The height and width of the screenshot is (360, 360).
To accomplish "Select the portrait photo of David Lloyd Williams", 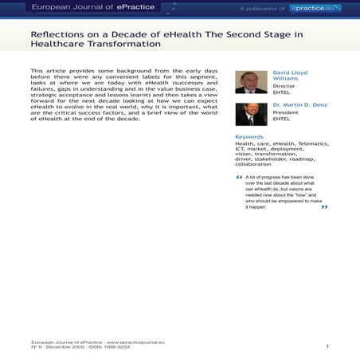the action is click(251, 82).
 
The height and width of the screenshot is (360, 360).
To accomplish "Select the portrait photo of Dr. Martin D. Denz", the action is click(251, 115).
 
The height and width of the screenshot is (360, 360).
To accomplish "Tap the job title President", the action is click(285, 113).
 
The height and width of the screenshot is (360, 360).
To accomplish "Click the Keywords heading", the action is click(248, 136).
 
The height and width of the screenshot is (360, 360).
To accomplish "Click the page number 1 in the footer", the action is click(327, 346).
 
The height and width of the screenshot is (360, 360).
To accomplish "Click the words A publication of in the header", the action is click(261, 8).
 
